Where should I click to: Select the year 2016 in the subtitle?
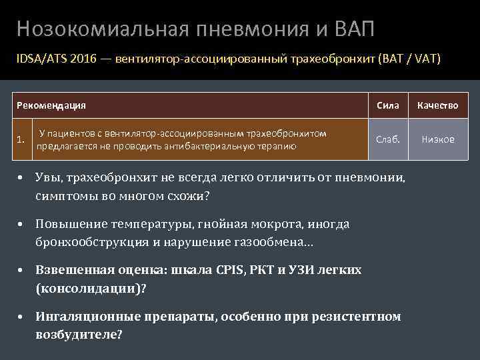[x=80, y=59]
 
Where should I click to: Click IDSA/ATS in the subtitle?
[x=40, y=59]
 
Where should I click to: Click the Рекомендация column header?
[x=51, y=105]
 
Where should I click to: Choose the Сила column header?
[x=387, y=105]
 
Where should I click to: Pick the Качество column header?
[x=438, y=105]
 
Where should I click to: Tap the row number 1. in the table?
[x=22, y=140]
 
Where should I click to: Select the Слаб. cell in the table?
[x=387, y=139]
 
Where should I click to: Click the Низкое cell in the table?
[x=438, y=139]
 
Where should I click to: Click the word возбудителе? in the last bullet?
[x=79, y=335]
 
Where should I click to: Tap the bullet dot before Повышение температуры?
[x=22, y=224]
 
